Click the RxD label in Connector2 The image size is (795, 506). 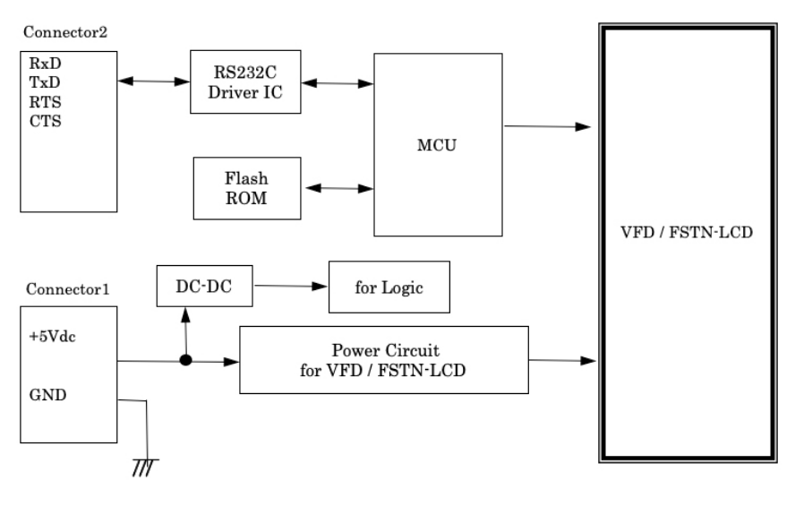pos(41,64)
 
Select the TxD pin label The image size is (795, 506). pos(41,83)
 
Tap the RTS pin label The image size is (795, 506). pos(41,102)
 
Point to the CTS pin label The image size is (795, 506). pos(41,121)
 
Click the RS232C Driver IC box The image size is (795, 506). pos(244,81)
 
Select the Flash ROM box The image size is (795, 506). pos(246,188)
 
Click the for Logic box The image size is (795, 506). pos(388,287)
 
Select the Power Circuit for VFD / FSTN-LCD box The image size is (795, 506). pos(383,359)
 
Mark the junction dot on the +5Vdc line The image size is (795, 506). pos(186,362)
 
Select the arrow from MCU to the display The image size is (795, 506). pos(547,126)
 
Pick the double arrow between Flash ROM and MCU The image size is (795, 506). pos(339,188)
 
